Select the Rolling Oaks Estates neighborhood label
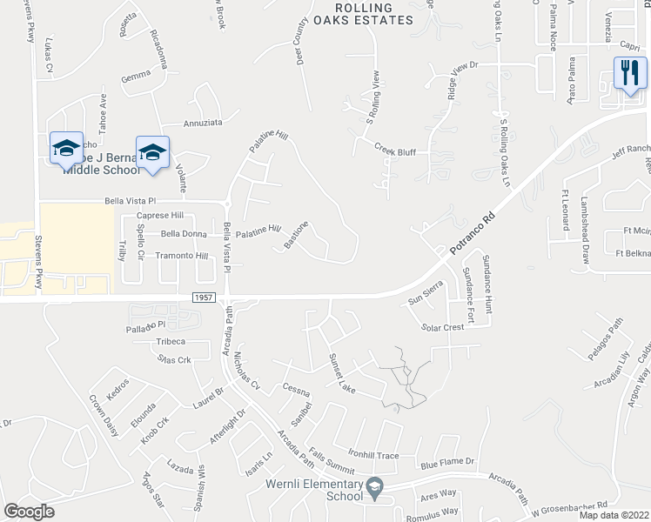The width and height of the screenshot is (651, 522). click(365, 14)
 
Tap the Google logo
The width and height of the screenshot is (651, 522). click(30, 512)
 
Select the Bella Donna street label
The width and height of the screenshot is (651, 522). click(184, 233)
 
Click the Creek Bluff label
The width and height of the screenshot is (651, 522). click(395, 151)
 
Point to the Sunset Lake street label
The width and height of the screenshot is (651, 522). click(343, 371)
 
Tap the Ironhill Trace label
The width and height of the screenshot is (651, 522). click(373, 455)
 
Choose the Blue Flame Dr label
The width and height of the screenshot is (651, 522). click(449, 462)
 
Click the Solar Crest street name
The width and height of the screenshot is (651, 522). click(443, 328)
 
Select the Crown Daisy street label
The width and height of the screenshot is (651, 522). click(103, 413)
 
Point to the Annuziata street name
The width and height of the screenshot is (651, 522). click(205, 124)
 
